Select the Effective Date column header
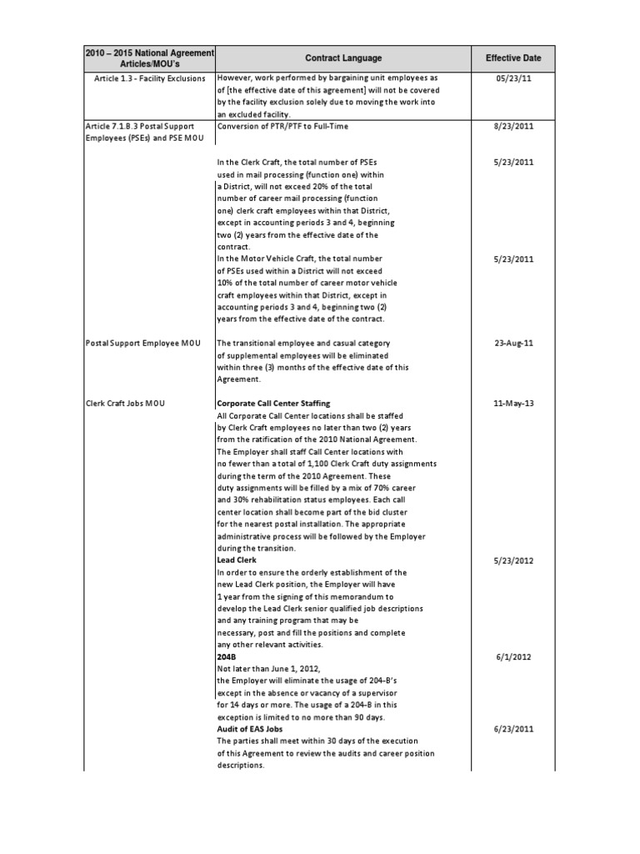pos(512,58)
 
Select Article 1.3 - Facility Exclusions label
pos(151,78)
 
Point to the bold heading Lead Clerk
pos(236,561)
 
